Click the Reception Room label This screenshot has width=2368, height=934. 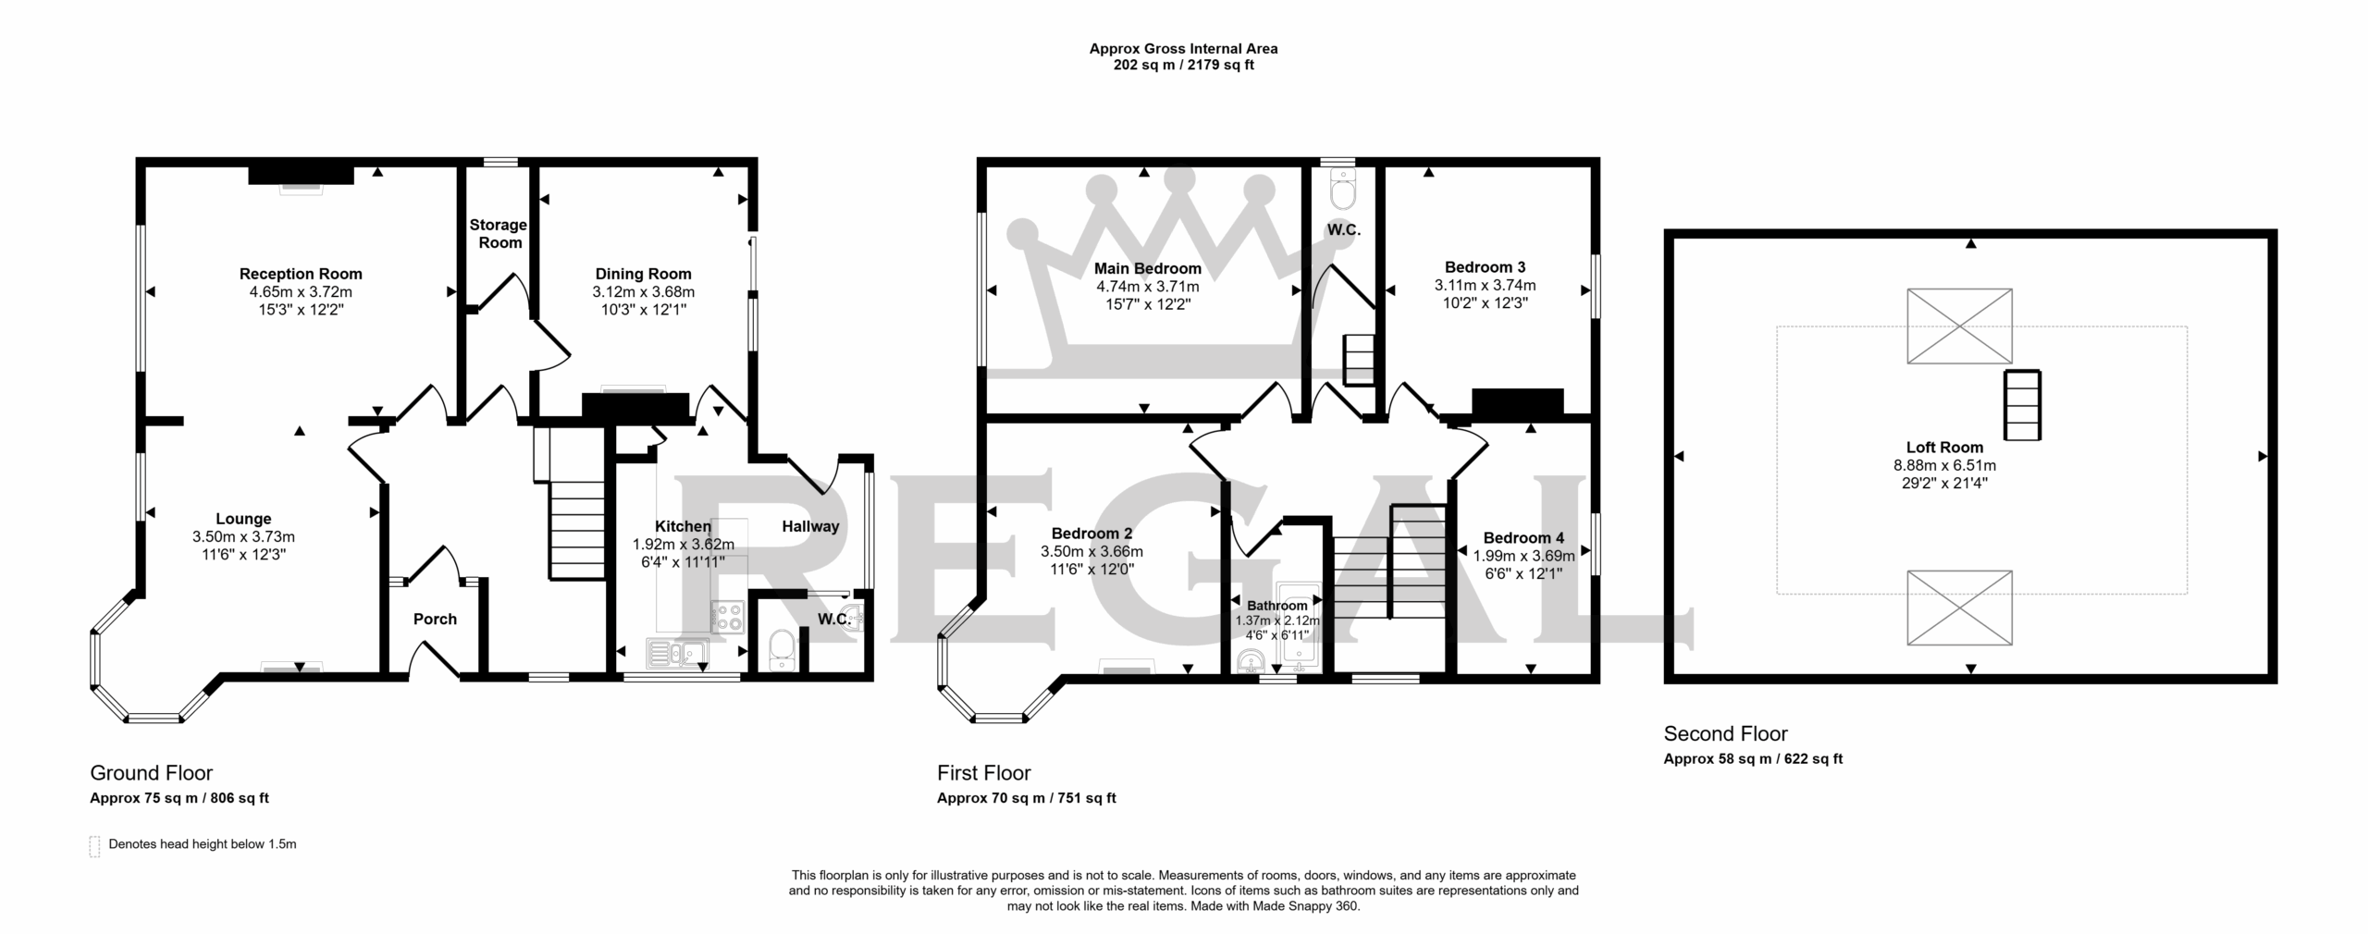tap(301, 274)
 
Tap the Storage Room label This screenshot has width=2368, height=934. tap(499, 234)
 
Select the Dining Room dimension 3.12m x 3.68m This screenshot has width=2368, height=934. tap(644, 292)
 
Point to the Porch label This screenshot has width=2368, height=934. tap(435, 620)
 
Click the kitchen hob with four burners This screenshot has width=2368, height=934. tap(728, 616)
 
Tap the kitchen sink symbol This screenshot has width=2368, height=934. tap(677, 654)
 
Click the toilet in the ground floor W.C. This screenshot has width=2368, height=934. tap(783, 649)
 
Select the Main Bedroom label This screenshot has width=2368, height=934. tap(1148, 269)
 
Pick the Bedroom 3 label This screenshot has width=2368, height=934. tap(1485, 267)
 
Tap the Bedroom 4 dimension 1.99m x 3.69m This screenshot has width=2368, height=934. tap(1524, 556)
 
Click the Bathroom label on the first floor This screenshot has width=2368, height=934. tap(1277, 606)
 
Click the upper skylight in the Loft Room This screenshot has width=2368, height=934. tap(1959, 326)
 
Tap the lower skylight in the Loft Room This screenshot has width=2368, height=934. tap(1959, 608)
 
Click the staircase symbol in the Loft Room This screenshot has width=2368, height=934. tap(2023, 405)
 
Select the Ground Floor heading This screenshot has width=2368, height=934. tap(151, 773)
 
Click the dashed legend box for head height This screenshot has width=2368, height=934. tap(94, 846)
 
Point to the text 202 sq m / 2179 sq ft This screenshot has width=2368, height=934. tap(1184, 65)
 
